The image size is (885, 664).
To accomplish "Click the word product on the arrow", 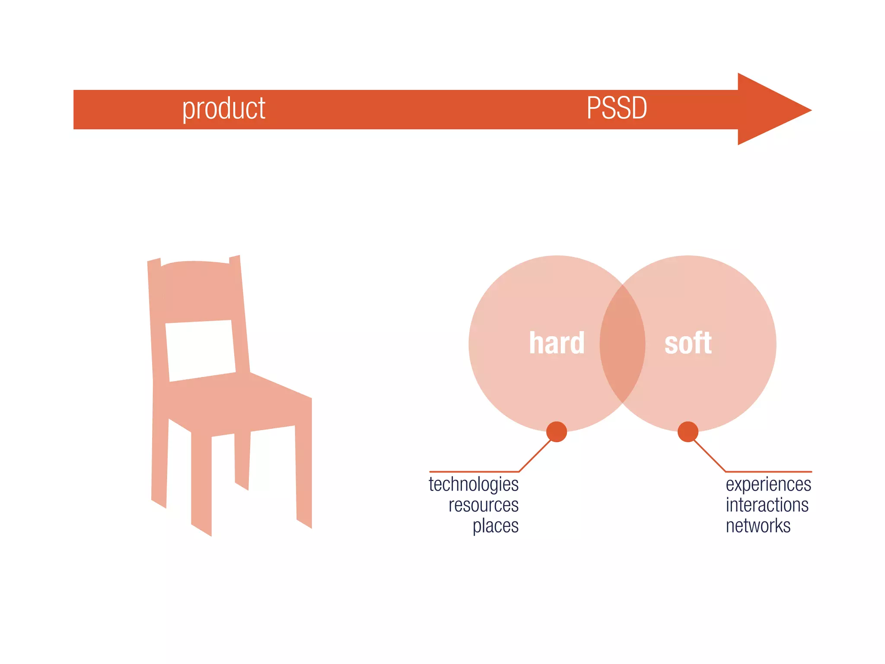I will point(223,109).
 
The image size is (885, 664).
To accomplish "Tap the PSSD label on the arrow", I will point(617,108).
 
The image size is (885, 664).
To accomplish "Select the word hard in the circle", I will point(557,343).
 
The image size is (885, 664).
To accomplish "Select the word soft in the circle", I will point(688,343).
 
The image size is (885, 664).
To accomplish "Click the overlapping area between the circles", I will point(622,344).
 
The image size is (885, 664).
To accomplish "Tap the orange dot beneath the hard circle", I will point(557,431).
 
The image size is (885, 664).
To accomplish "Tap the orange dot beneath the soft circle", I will point(688,431).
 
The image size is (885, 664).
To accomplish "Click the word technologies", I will point(474,485).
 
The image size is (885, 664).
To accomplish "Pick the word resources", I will point(483,505).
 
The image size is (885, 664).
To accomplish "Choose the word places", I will point(495,526).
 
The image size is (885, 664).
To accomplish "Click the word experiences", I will point(768,485).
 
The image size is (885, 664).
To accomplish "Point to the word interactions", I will point(767,505).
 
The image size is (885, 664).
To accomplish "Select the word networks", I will point(758,526).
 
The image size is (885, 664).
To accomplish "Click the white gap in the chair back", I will point(201,350).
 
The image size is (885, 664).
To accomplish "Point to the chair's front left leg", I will point(201,484).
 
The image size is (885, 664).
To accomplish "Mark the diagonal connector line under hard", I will point(535,456).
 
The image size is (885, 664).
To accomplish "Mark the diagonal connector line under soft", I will point(710,456).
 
